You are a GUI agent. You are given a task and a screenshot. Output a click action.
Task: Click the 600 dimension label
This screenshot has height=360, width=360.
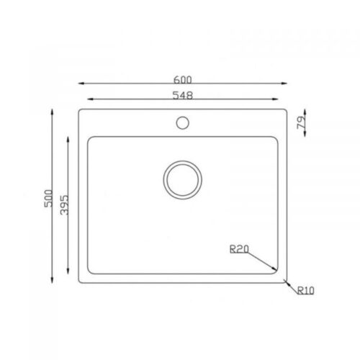tap(183, 80)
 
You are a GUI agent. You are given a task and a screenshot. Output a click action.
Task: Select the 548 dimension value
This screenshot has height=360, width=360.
tap(183, 96)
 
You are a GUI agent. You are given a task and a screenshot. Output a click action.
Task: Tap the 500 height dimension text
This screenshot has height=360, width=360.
tap(48, 199)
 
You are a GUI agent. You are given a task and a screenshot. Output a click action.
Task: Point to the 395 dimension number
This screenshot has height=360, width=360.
tap(64, 205)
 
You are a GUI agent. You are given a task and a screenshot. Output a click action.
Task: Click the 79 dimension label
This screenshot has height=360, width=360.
tap(301, 122)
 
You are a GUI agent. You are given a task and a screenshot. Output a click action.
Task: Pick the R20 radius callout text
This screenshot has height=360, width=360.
tap(239, 249)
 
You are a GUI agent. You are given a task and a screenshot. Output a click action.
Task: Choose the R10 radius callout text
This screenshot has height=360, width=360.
tap(306, 290)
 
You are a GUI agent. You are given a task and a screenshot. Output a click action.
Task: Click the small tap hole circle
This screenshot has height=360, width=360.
tap(183, 122)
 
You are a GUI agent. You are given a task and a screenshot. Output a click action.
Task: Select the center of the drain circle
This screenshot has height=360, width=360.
tap(183, 180)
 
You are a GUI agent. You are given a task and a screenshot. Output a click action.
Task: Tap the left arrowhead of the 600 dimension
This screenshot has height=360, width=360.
tap(81, 84)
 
